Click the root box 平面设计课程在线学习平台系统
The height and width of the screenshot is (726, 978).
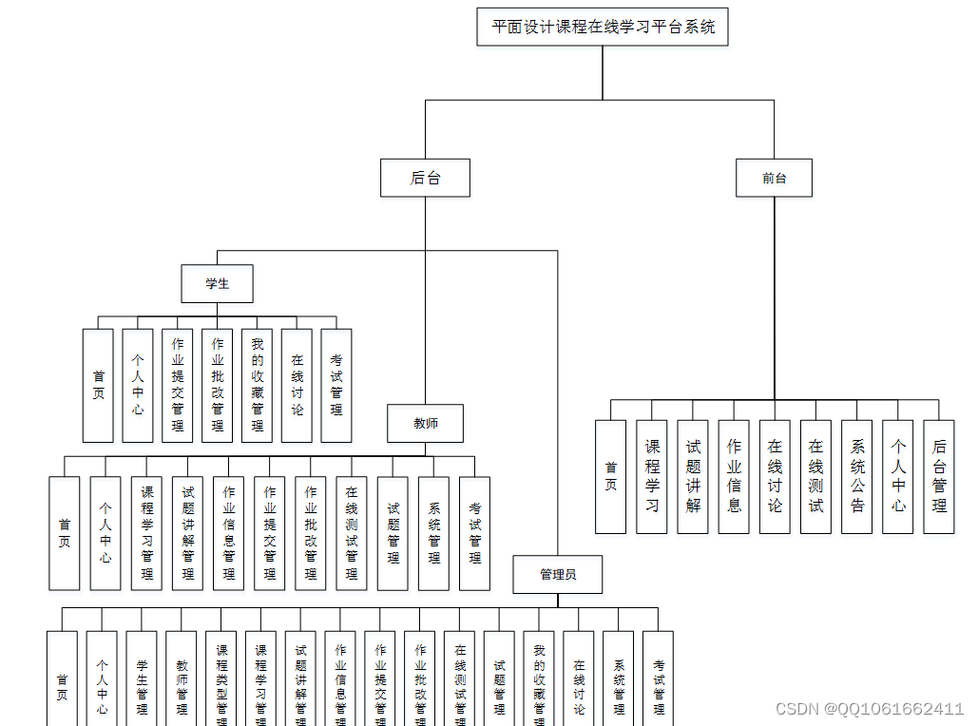603,27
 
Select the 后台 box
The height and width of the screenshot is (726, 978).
425,178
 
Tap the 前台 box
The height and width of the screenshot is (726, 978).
774,178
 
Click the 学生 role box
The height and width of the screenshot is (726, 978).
217,283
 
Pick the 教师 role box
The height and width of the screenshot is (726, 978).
425,423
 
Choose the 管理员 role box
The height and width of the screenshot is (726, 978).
557,574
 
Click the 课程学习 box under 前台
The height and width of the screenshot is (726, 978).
652,476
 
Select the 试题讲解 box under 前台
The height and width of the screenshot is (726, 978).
693,476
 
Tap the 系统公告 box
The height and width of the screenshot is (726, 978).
856,476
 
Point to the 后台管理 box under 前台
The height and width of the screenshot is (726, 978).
939,476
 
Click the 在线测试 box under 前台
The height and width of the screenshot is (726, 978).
815,476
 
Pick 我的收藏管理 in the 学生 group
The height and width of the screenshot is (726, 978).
257,385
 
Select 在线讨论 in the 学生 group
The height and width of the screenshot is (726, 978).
297,385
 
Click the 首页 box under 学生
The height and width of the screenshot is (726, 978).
98,385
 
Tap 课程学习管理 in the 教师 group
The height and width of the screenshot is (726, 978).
146,533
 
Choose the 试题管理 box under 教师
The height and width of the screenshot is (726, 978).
393,533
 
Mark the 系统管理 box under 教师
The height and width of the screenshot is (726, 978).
433,533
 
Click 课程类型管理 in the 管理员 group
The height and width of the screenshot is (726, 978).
221,678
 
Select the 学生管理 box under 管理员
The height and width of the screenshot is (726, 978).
142,678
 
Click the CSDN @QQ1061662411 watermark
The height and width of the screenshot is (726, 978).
869,709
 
